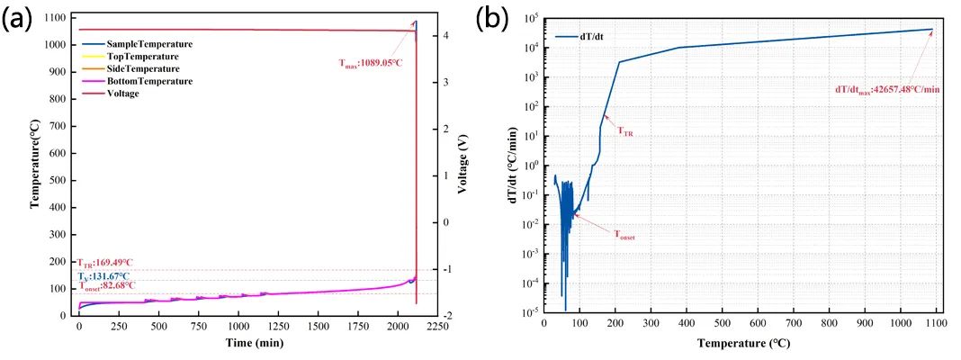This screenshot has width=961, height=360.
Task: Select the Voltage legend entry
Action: pyautogui.click(x=122, y=94)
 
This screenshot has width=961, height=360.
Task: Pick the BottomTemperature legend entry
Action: pyautogui.click(x=149, y=81)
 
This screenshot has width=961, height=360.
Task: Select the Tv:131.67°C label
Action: pyautogui.click(x=103, y=275)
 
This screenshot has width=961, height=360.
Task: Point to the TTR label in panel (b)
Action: pyautogui.click(x=625, y=131)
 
